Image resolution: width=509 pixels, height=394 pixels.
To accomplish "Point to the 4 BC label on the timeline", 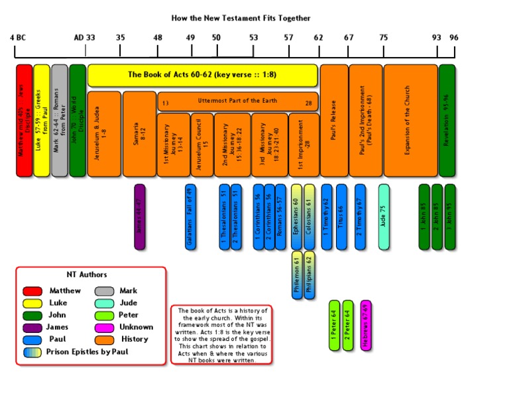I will pos(18,38).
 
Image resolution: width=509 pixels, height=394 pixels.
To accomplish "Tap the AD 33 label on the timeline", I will pos(84,38).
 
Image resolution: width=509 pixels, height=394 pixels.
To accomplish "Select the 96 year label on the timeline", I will pos(453,38).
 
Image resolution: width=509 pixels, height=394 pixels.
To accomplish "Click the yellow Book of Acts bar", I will pos(203,75).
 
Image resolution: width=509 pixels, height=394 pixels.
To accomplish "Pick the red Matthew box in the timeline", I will pos(24,120).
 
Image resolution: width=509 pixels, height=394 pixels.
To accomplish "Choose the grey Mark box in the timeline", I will pos(60,120).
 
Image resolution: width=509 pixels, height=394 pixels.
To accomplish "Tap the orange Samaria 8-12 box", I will pos(139,134).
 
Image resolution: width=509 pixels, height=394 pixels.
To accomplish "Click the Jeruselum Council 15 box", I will pos(201,145).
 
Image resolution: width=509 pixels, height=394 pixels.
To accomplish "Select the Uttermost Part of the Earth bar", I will pos(237,101).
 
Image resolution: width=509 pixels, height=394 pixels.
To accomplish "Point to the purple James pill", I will pos(139,217).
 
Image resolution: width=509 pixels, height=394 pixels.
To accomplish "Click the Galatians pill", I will pos(191,217).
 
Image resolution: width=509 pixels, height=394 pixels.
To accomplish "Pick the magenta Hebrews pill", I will pos(366,325).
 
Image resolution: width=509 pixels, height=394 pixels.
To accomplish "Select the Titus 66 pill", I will pos(341,217).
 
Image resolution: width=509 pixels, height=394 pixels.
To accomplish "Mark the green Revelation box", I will pos(447,120).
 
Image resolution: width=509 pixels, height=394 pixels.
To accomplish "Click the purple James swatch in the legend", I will pos(32,327).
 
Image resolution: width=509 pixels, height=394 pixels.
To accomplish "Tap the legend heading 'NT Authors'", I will pos(87,275).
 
